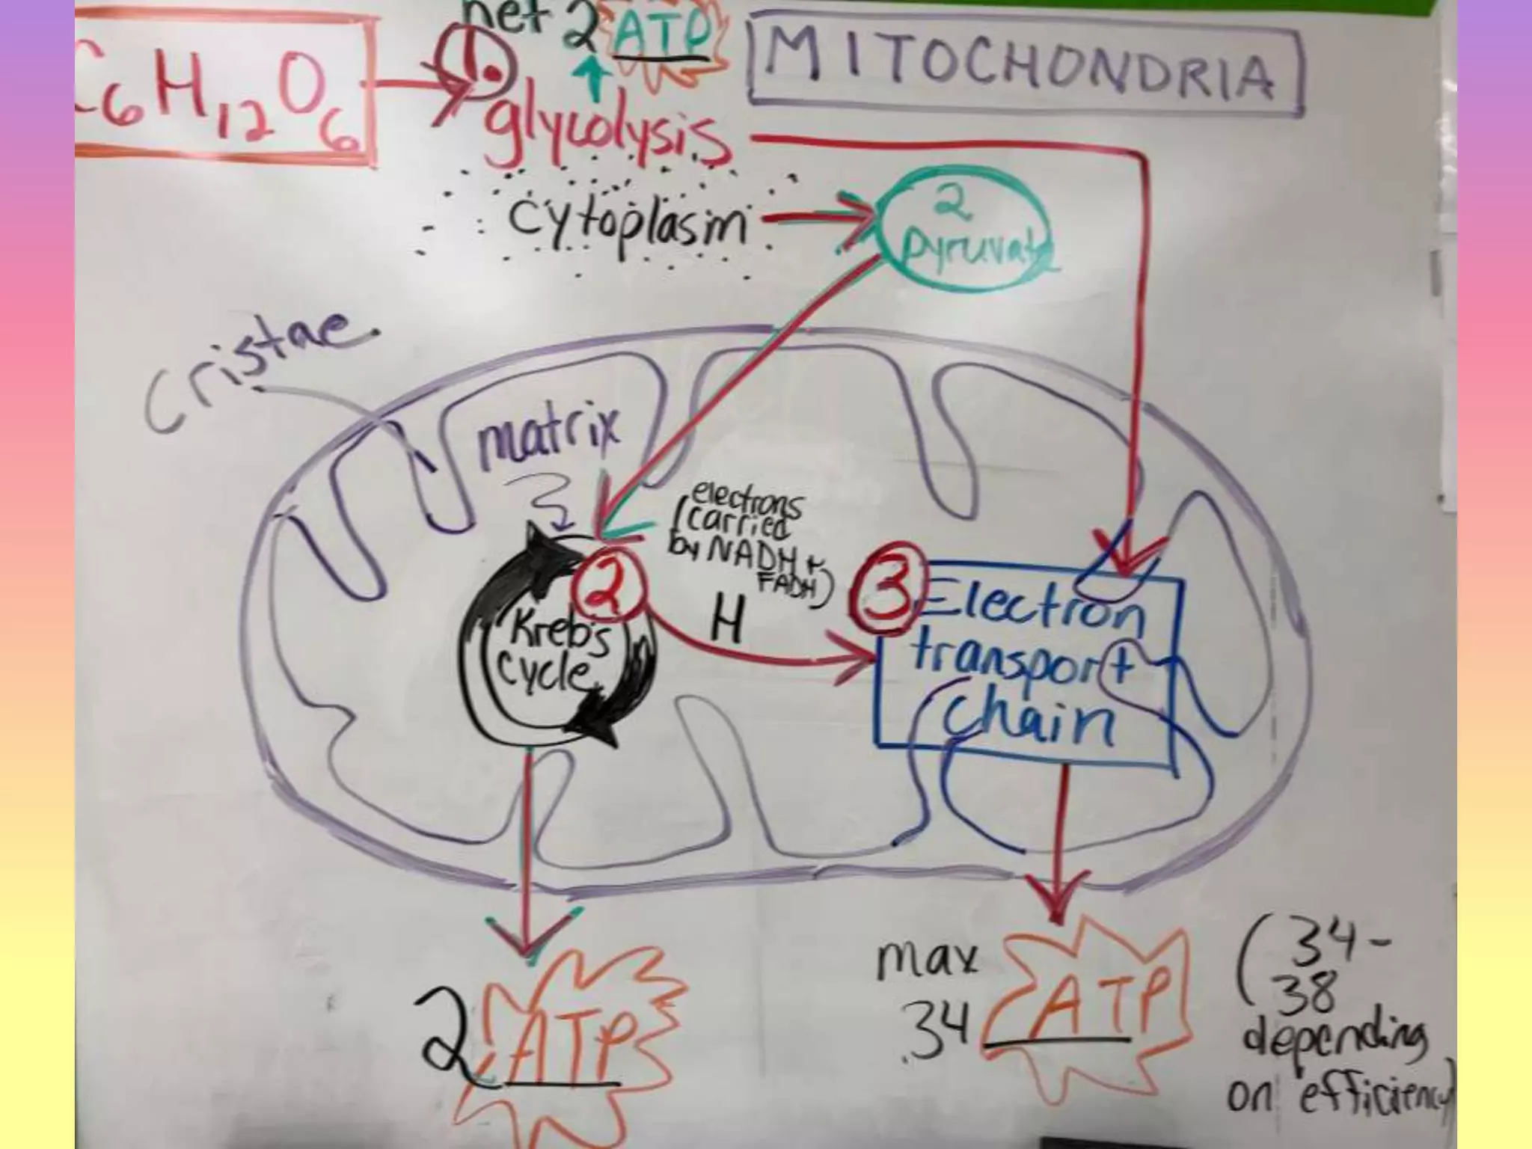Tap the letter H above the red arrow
725,621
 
